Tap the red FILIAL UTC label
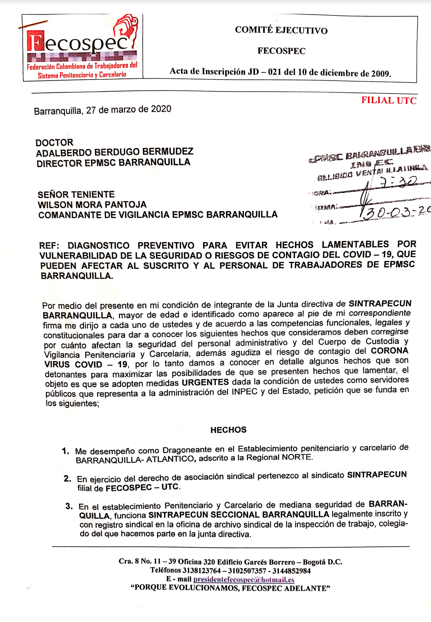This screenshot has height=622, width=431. (x=389, y=100)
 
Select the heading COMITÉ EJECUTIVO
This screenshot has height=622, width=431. (x=281, y=30)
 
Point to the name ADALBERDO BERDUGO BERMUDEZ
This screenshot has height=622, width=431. (x=114, y=152)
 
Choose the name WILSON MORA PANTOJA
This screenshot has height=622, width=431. (x=92, y=205)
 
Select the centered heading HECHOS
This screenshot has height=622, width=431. (x=228, y=430)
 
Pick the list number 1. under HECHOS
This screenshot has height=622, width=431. (x=66, y=451)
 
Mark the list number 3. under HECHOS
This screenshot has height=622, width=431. (x=69, y=506)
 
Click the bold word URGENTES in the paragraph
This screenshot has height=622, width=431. (x=205, y=382)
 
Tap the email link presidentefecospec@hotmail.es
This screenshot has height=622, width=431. (x=244, y=579)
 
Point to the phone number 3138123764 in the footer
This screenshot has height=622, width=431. (x=201, y=571)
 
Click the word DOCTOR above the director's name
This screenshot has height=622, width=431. (x=54, y=143)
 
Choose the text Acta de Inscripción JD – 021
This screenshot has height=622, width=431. (x=218, y=72)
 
